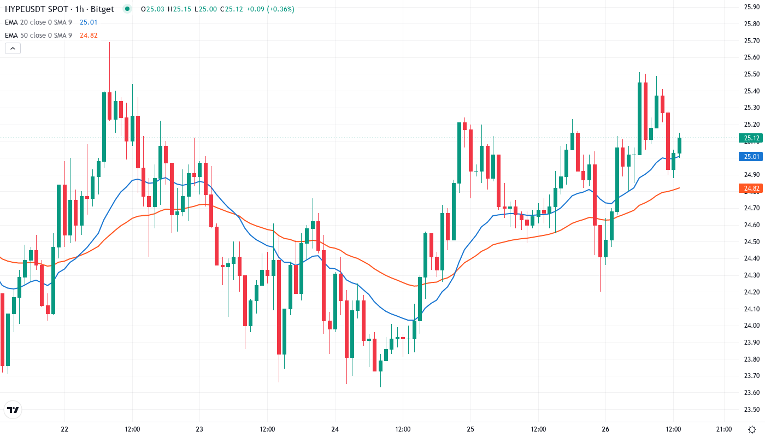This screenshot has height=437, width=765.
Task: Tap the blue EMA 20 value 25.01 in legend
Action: coord(88,22)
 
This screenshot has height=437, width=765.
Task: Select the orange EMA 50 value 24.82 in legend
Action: coord(88,35)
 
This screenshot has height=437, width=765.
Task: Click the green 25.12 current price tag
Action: coord(750,138)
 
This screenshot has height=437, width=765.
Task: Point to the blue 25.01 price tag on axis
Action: coord(750,157)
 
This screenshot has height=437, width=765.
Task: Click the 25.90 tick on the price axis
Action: coord(751,7)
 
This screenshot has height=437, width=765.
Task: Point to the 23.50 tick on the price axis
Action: coord(751,409)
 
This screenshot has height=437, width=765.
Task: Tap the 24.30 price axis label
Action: coord(751,275)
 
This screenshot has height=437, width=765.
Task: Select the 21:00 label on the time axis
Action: coord(724,429)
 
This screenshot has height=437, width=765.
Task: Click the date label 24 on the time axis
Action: coord(335,429)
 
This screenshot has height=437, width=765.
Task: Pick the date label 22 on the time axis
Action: coord(64,429)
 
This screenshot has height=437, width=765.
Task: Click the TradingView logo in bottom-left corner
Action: coord(13,410)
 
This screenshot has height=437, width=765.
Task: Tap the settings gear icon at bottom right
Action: coord(753,429)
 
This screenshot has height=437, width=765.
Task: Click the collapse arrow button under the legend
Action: coord(13,48)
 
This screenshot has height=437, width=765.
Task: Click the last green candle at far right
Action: coord(680,145)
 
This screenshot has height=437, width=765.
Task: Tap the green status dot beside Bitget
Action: coord(127,9)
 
